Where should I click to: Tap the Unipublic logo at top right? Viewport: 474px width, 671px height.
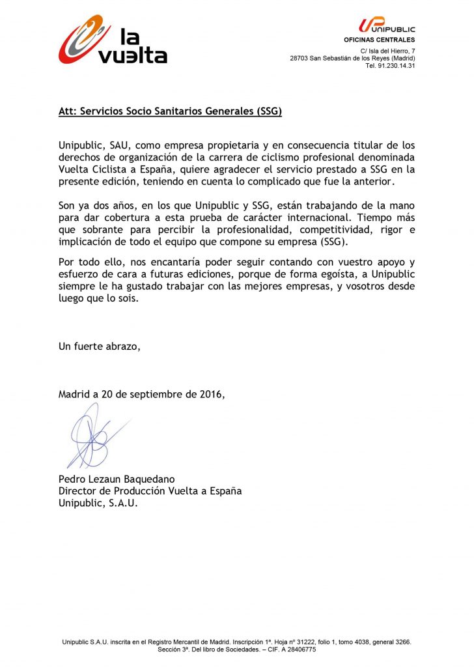(x=386, y=26)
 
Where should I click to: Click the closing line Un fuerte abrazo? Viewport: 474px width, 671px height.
(x=100, y=346)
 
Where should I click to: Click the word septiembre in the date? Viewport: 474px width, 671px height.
(x=157, y=394)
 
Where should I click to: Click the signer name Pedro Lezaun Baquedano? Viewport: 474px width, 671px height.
(x=117, y=479)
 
